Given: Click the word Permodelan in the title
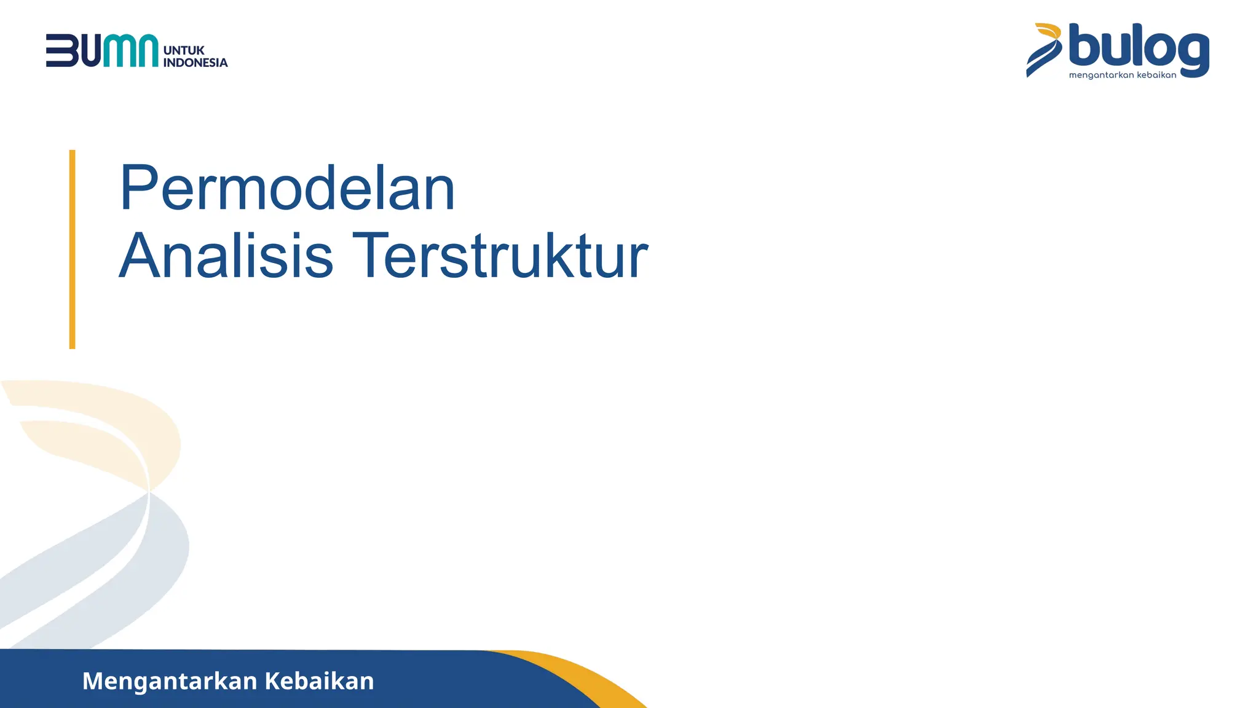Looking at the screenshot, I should (287, 188).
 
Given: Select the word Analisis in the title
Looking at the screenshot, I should (226, 256).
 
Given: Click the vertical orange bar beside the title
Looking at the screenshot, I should (73, 249).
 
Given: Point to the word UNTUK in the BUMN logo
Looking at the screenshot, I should (184, 50).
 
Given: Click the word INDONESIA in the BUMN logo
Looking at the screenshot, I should (195, 63).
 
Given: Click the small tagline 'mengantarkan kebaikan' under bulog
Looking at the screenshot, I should (1123, 76).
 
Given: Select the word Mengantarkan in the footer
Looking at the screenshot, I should (170, 681).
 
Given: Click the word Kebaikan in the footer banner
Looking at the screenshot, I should (319, 681).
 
